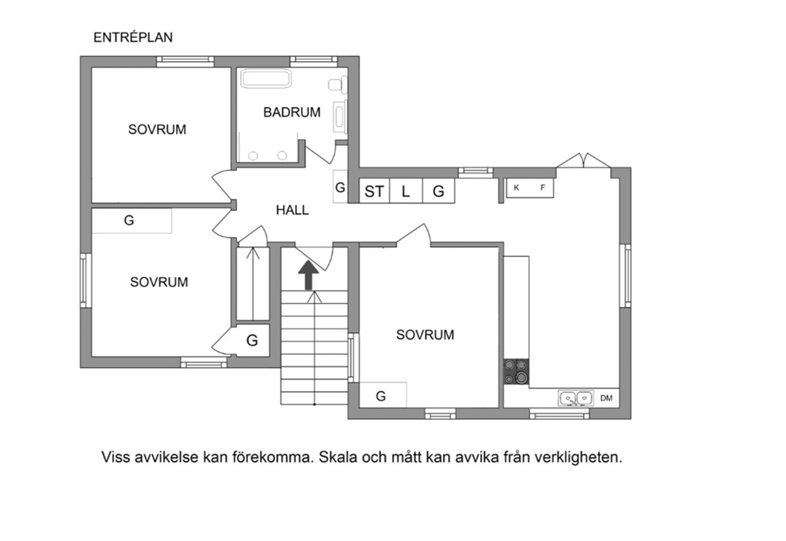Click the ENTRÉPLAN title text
tap(133, 37)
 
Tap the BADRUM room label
tap(292, 112)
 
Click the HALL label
tap(292, 209)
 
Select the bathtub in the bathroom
tap(265, 79)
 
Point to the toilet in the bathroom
tap(338, 85)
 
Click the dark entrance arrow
tap(308, 276)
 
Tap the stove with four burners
tap(517, 372)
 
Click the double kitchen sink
tap(576, 398)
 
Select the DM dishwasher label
tap(607, 398)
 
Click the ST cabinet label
tap(375, 191)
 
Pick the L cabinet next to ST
tap(406, 190)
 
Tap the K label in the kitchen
tap(517, 188)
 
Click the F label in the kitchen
tap(543, 188)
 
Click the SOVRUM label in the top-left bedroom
tap(157, 129)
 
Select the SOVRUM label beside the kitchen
tap(425, 335)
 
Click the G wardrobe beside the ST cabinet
tap(439, 190)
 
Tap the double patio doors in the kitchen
tap(583, 160)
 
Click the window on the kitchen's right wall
tap(625, 275)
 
